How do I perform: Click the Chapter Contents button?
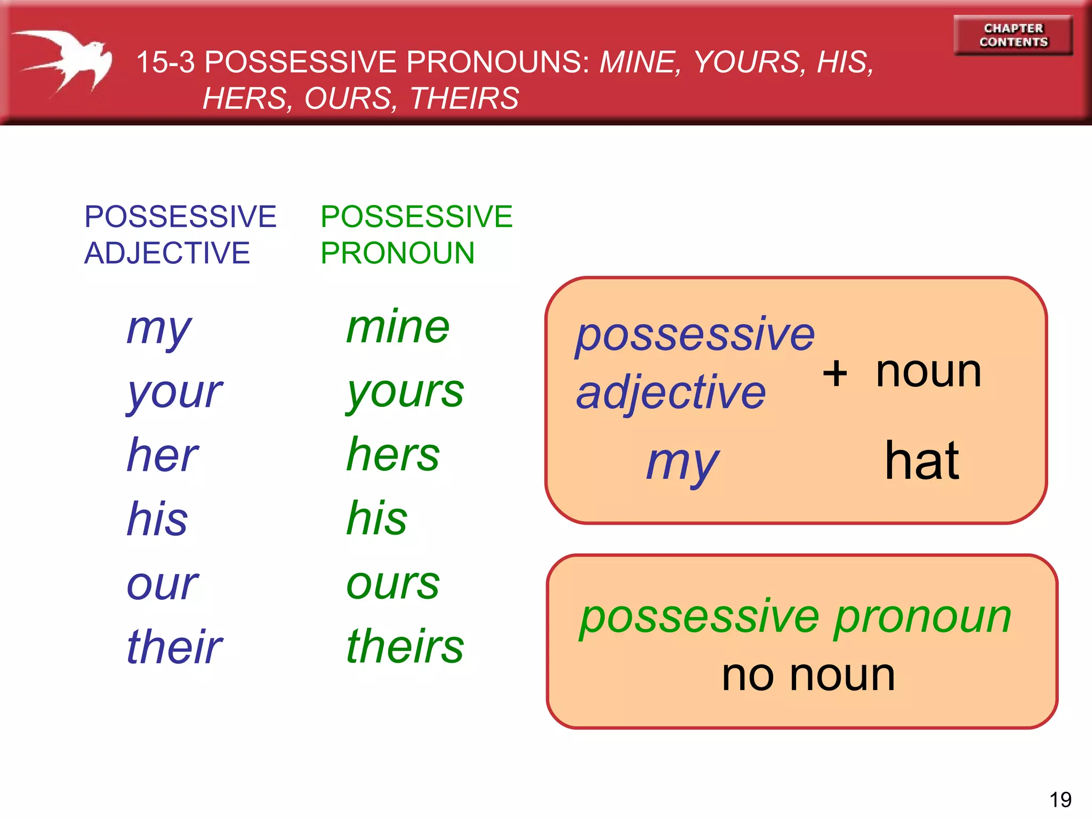1013,35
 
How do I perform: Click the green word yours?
405,392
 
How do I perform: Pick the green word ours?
393,583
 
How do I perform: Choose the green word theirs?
405,646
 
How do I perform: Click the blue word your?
174,393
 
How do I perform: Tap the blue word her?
163,455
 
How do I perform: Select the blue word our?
163,584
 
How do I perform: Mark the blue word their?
174,647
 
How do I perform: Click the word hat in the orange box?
922,461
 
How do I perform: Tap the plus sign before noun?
835,373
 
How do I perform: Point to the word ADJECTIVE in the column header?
167,253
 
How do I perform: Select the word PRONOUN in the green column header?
397,253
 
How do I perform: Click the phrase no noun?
808,675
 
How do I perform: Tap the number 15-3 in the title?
165,62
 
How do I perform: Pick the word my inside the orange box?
682,463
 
